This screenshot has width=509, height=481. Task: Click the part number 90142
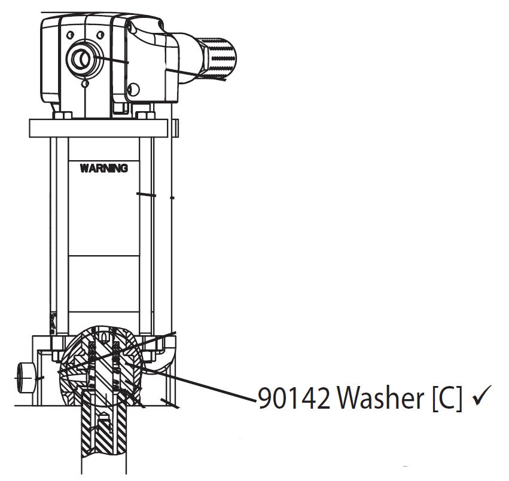tap(294, 399)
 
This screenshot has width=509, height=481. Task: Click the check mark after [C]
tap(481, 397)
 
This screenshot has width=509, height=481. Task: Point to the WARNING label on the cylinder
tap(103, 168)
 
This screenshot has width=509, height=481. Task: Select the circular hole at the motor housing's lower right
tap(133, 90)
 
